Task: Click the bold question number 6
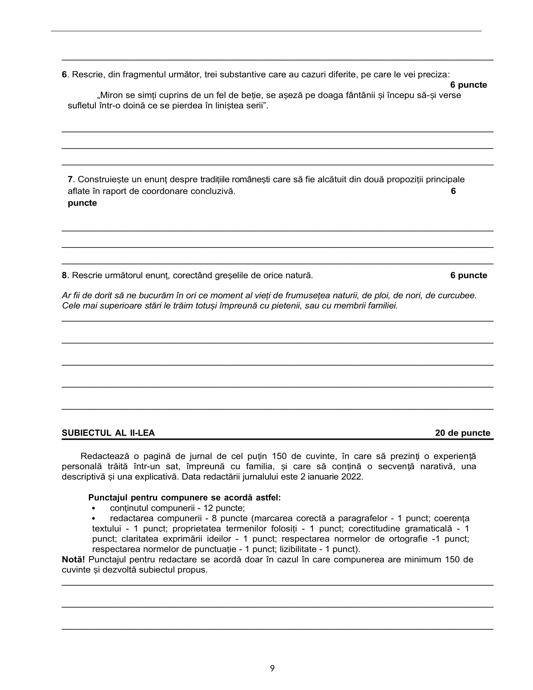[64, 75]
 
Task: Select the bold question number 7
[70, 179]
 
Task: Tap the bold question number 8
[64, 275]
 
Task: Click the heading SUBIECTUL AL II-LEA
[108, 433]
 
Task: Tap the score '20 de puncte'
[462, 433]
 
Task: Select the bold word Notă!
[73, 560]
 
